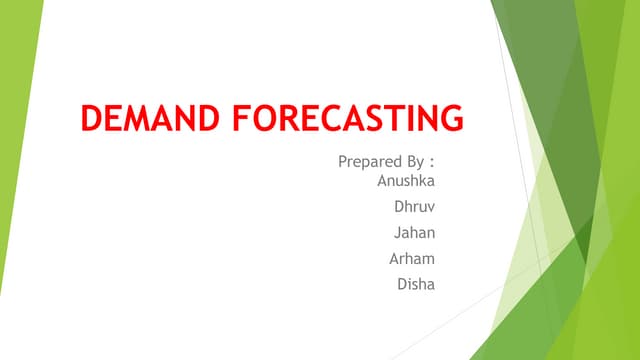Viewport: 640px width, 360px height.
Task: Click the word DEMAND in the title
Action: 151,119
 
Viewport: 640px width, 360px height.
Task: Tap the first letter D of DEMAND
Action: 92,119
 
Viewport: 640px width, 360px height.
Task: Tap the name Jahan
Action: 417,234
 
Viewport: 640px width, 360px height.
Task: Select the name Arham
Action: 413,260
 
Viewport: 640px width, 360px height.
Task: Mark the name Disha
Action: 417,285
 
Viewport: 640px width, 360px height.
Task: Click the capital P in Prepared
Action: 343,160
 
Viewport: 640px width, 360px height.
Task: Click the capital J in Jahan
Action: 400,234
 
